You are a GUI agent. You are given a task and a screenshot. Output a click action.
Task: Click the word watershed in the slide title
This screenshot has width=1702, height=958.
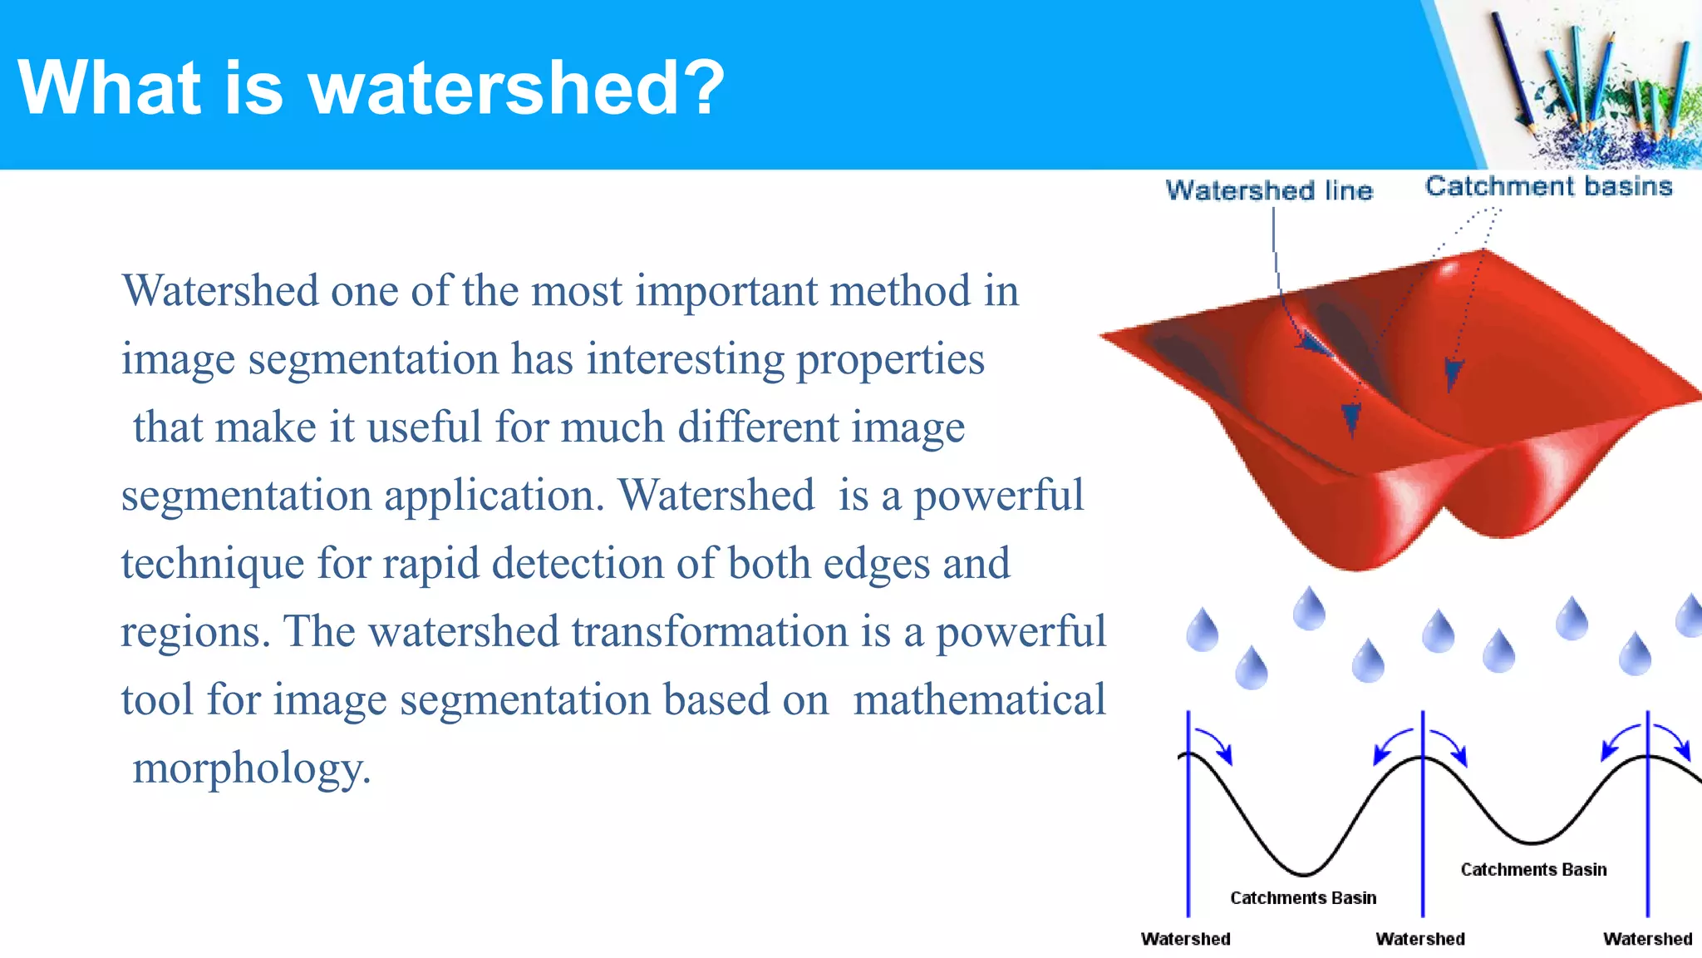pos(494,88)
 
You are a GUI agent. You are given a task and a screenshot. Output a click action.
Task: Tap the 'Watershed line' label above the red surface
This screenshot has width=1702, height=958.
pos(1268,190)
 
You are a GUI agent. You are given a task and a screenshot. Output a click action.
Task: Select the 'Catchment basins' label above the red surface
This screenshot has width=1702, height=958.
pos(1548,186)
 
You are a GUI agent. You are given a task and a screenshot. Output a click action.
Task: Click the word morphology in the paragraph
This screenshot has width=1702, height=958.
pos(251,768)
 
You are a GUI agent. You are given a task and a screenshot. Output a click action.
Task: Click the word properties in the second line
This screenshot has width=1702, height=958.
pos(890,360)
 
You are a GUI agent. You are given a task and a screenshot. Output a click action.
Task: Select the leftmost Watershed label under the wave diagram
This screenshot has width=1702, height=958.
pos(1185,939)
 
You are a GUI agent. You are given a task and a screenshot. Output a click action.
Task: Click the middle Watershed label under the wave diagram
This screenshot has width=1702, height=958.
pos(1420,939)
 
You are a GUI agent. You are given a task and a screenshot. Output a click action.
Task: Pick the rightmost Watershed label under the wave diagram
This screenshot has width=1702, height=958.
pos(1647,939)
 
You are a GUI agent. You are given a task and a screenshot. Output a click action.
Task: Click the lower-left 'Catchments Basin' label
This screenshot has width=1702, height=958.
pos(1302,898)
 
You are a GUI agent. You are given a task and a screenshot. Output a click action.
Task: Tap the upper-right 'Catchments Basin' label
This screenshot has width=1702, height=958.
pos(1533,870)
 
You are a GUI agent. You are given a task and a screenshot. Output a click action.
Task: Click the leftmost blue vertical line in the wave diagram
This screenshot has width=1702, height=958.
pos(1188,832)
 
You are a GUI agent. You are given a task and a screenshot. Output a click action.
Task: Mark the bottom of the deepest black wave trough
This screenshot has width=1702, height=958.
pos(1304,875)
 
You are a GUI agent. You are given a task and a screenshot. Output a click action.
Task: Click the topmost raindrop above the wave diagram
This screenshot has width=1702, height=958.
pos(1309,610)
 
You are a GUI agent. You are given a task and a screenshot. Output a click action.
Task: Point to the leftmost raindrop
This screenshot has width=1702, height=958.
pos(1202,630)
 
